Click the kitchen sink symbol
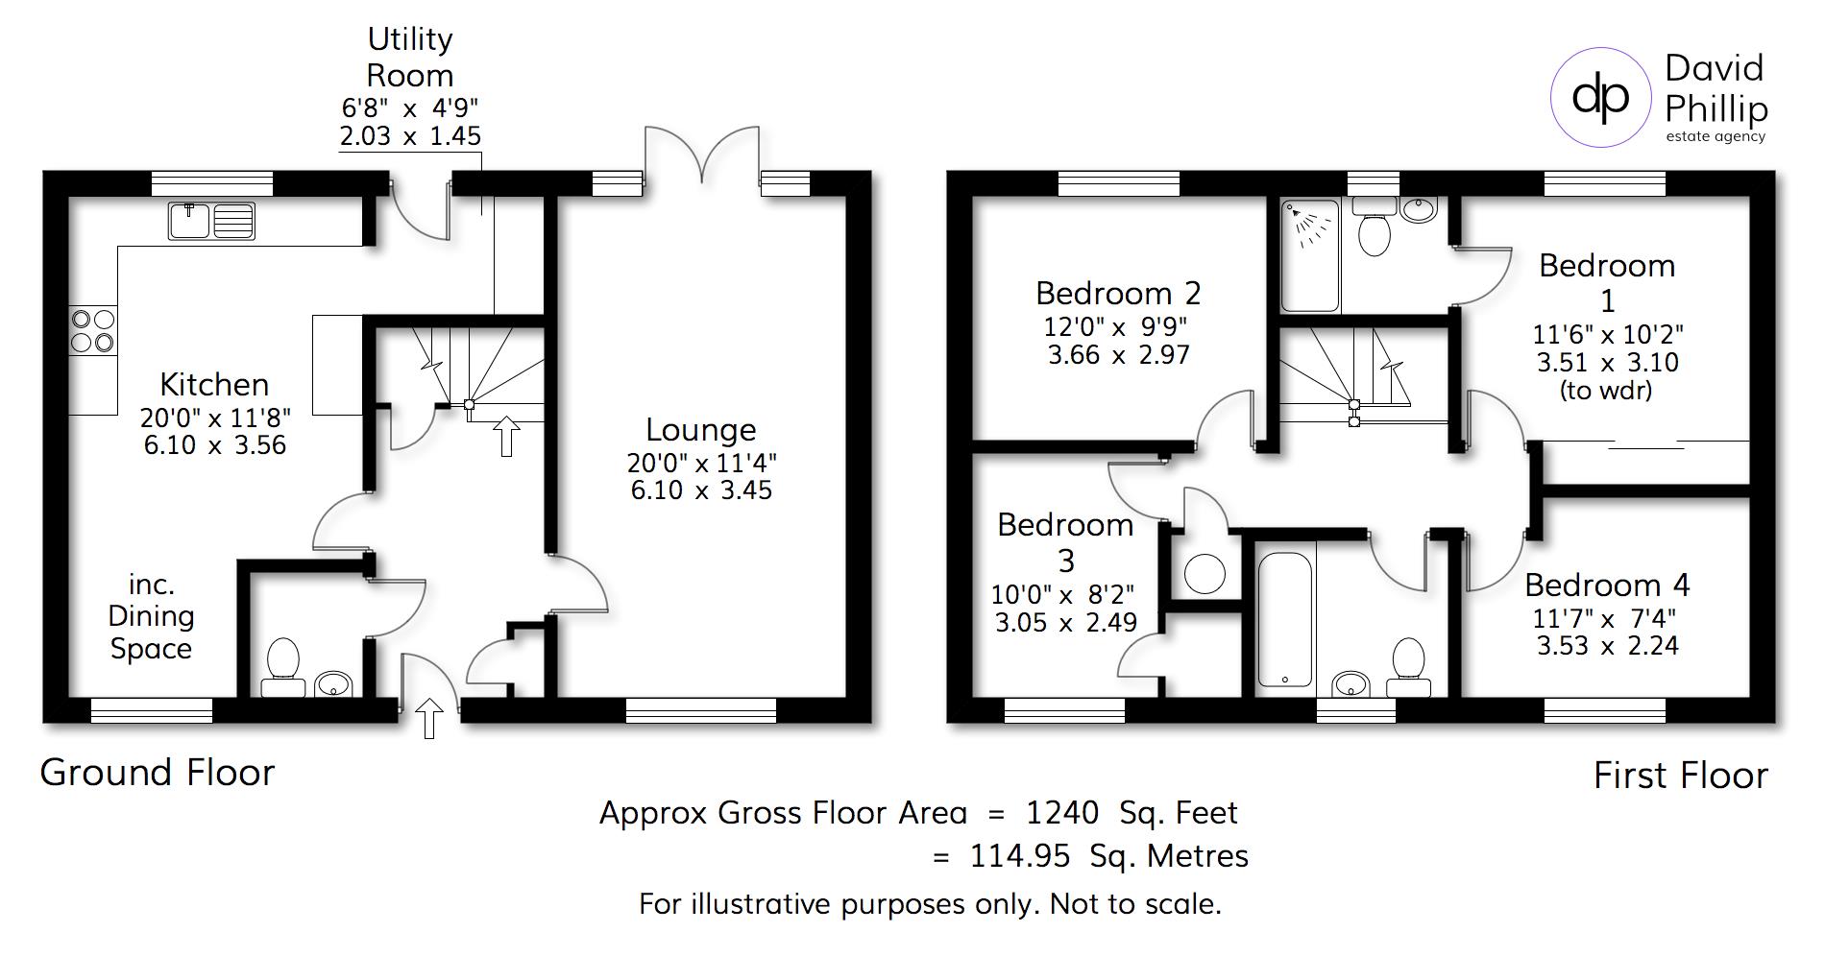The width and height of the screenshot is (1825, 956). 211,221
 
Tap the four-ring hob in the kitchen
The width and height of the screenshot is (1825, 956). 92,331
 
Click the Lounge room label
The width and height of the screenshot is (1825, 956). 700,429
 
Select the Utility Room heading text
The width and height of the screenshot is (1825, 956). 410,57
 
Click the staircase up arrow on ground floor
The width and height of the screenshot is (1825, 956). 506,436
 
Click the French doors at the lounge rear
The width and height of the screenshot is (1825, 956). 702,154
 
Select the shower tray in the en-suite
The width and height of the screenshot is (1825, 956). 1310,255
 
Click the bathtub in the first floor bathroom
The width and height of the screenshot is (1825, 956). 1284,618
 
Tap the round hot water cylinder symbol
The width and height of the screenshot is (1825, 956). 1204,574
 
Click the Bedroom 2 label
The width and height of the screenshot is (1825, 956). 1118,293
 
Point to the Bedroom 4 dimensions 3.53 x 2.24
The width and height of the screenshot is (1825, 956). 1607,646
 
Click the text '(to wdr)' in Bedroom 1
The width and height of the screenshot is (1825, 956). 1607,391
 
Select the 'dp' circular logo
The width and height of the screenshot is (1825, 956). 1600,98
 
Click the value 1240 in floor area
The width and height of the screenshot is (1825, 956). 1062,813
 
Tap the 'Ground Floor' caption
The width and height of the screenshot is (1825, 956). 158,773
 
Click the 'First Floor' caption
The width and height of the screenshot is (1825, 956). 1680,776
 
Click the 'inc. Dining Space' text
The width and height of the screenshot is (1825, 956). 151,616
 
